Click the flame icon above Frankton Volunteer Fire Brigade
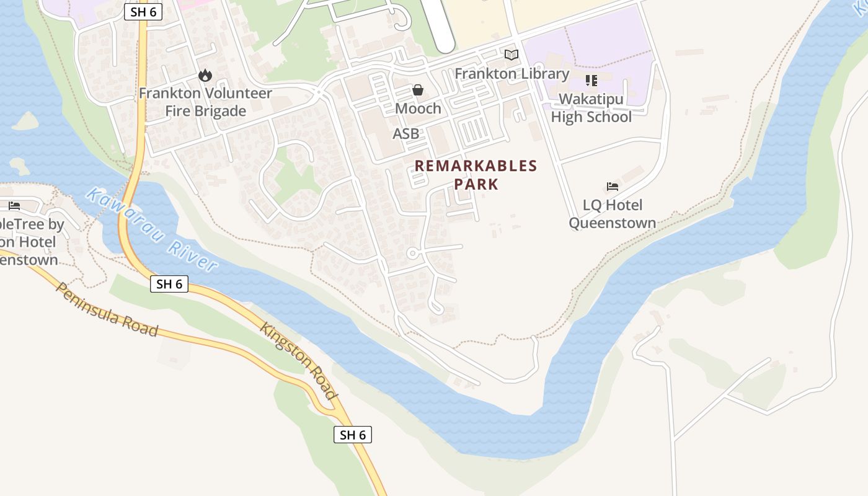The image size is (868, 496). [x=205, y=76]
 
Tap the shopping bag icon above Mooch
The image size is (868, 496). [x=418, y=91]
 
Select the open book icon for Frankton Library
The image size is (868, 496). [x=511, y=55]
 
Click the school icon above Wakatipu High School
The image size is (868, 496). [x=591, y=81]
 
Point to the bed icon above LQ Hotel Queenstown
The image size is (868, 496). [x=613, y=187]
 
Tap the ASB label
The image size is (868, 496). [x=405, y=133]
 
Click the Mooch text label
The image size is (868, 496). [x=418, y=108]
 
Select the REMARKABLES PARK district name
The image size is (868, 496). [x=476, y=175]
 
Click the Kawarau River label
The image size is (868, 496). [x=151, y=229]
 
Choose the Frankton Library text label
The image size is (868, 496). [x=511, y=74]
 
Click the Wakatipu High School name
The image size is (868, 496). [x=591, y=108]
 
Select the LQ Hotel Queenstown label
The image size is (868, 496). [x=613, y=214]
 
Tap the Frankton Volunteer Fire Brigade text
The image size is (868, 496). [x=205, y=102]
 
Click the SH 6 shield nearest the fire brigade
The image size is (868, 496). [x=143, y=12]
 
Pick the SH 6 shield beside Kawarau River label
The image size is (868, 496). [x=169, y=284]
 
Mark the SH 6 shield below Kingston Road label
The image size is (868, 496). [x=352, y=435]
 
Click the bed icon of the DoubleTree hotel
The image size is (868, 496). [x=14, y=206]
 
